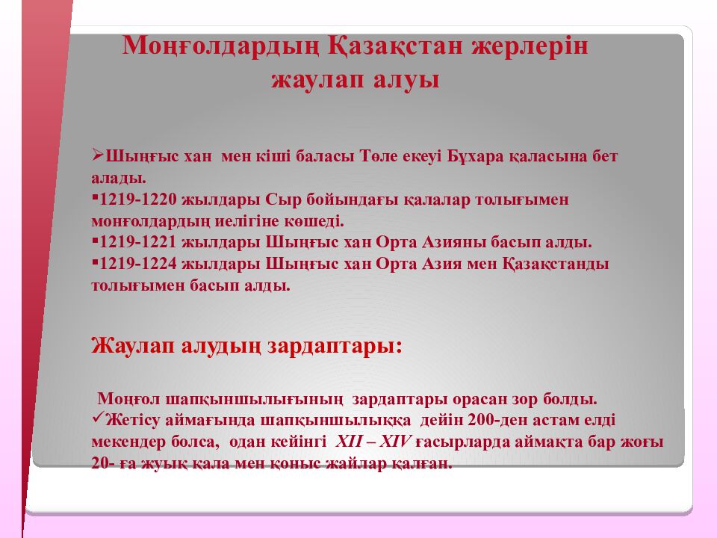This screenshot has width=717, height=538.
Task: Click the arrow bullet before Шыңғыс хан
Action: (x=97, y=155)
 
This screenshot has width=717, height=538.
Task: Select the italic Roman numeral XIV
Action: (x=395, y=442)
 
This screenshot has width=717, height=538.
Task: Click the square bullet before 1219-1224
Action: (x=95, y=262)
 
